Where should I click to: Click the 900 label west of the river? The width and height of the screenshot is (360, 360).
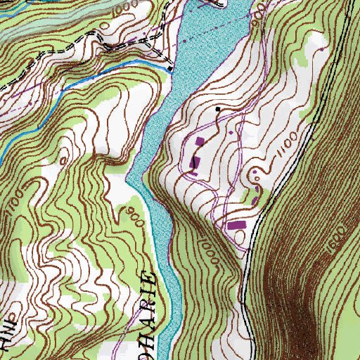[136, 217]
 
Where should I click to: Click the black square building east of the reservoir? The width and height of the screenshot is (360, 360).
[217, 109]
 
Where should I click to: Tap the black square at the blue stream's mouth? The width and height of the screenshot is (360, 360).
[170, 69]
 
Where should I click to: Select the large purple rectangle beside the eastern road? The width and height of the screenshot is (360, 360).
[237, 226]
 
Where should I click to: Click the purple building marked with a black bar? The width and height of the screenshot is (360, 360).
[194, 163]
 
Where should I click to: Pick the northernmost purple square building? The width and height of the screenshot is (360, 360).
[201, 141]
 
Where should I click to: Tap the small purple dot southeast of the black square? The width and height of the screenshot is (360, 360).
[230, 131]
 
